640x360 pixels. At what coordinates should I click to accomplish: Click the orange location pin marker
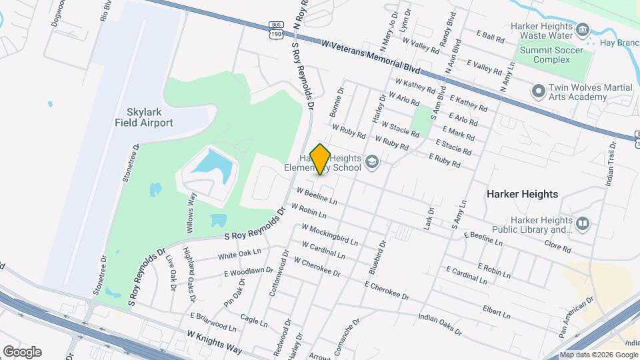pos(321,159)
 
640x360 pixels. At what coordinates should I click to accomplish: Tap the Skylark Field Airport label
pos(144,117)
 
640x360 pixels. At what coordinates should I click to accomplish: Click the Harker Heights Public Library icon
pos(583,223)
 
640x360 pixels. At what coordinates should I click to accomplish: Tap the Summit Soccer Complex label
pos(554,55)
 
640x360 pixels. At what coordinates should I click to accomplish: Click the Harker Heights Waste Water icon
pos(583,29)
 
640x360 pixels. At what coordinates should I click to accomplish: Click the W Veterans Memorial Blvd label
pos(371,56)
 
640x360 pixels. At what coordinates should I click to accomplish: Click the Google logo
pos(22,351)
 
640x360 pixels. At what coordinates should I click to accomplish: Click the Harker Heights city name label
pos(521,194)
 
